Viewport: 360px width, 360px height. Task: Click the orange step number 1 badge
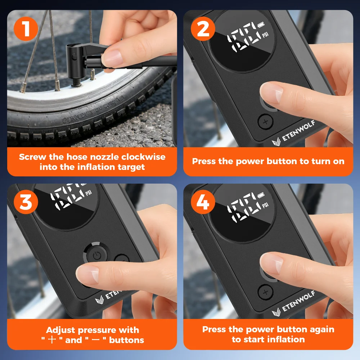coord(26,29)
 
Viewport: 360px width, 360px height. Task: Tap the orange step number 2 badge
coord(203,29)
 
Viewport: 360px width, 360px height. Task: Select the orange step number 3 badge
coord(26,202)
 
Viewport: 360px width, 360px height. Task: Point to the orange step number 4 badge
coord(203,202)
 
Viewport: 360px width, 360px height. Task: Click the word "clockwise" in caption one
coord(143,157)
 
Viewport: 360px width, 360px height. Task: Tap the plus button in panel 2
coord(265,122)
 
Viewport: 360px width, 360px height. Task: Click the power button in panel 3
coord(96,255)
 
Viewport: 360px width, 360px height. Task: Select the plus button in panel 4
coord(265,292)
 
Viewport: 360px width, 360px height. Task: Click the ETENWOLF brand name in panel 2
coord(298,131)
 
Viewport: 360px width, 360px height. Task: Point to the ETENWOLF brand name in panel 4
coord(298,301)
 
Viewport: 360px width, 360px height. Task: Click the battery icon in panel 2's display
coord(261,24)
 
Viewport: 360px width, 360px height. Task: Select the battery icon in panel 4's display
coord(261,195)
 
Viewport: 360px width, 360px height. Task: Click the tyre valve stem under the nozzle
coord(77,82)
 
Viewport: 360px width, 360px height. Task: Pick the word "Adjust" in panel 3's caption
coord(60,330)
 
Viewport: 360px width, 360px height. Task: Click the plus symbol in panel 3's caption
coord(52,340)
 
